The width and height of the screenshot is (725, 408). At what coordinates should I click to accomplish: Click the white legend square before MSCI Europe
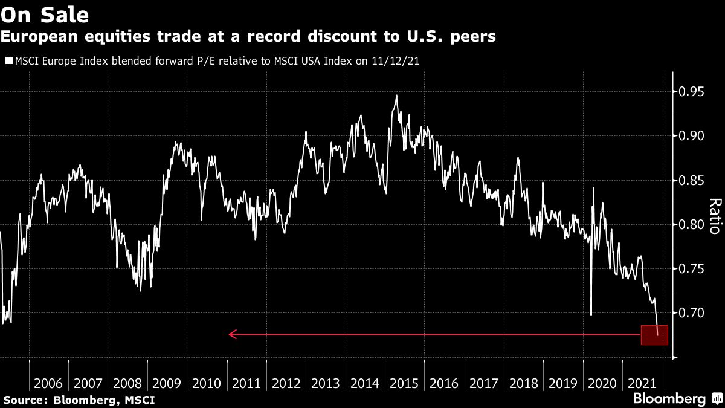[x=9, y=60]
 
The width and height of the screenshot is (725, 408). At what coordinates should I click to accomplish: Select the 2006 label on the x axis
[x=48, y=383]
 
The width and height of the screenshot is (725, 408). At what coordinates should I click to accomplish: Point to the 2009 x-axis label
[x=167, y=383]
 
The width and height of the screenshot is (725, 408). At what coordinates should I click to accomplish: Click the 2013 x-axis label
[x=325, y=383]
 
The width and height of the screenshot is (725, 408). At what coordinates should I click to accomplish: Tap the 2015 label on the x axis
[x=404, y=383]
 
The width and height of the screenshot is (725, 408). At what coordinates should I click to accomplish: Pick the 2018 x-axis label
[x=523, y=383]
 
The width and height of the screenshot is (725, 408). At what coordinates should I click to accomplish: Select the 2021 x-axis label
[x=642, y=383]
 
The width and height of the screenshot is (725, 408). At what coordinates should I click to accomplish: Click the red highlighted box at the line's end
[x=654, y=335]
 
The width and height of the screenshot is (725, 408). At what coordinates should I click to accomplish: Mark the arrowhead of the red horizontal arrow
[x=232, y=334]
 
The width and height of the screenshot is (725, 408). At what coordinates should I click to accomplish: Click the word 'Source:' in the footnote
[x=25, y=400]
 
